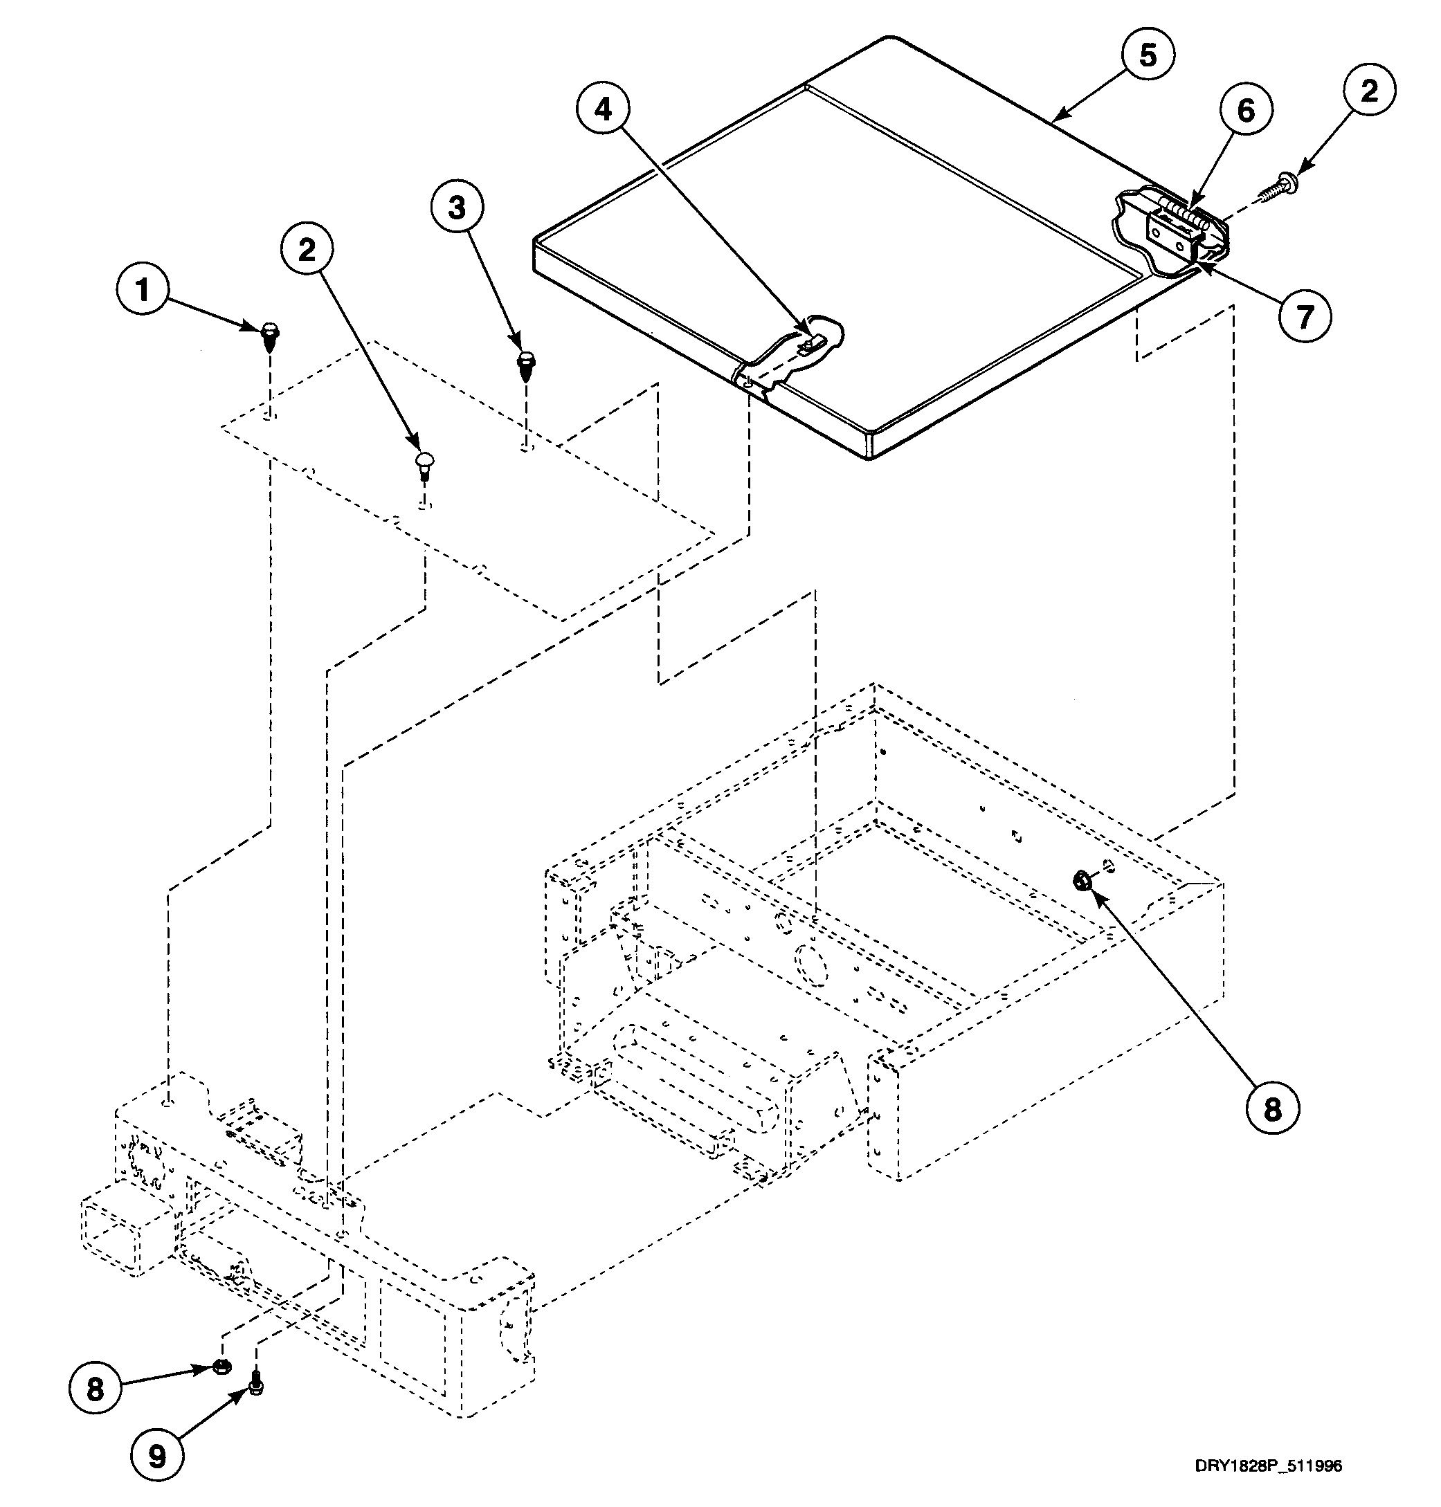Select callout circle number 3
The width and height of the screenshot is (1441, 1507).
coord(457,208)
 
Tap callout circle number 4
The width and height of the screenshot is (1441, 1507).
coord(604,109)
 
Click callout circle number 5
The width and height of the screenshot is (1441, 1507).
coord(1147,55)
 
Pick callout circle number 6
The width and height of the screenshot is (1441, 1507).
coord(1244,111)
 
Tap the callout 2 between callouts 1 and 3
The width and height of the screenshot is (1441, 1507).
coord(307,248)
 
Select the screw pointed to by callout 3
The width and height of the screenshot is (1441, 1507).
coord(526,365)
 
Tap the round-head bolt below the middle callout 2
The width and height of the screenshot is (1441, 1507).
coord(425,464)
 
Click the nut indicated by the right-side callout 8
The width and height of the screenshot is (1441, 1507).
coord(1081,881)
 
